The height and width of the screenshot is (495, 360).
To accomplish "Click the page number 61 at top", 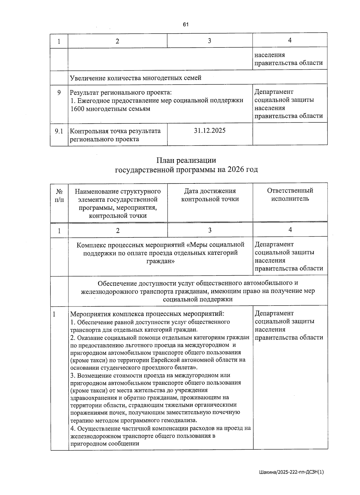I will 185,25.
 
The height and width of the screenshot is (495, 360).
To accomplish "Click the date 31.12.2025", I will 210,131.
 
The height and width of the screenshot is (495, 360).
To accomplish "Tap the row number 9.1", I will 59,131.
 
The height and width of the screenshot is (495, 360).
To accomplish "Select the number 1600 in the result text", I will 77,109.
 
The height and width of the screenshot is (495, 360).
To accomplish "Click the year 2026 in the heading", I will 236,170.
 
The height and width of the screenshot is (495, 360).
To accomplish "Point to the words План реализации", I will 186,160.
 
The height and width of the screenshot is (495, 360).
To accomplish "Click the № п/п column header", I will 59,195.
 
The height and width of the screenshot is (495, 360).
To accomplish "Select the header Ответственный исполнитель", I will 290,195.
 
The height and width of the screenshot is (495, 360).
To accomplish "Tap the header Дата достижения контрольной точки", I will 210,195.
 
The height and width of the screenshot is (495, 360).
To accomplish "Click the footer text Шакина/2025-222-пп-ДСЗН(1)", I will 291,472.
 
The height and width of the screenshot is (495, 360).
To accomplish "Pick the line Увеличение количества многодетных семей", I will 136,78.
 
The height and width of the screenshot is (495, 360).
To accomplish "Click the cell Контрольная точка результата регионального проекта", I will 115,135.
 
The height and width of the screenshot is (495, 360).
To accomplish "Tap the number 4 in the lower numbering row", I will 290,230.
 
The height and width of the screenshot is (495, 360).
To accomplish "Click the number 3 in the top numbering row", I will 209,41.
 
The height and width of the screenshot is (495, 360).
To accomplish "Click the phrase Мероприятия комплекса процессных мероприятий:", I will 147,314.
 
